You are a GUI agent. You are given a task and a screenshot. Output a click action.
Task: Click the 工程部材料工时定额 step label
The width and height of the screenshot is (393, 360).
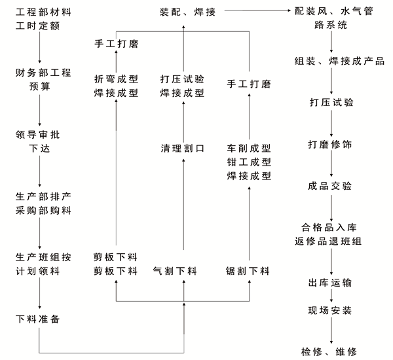pyautogui.click(x=43, y=19)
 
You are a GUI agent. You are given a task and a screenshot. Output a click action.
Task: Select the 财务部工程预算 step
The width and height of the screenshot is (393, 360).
pyautogui.click(x=43, y=80)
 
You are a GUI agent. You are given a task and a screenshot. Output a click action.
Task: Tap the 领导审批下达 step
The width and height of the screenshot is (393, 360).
pyautogui.click(x=37, y=141)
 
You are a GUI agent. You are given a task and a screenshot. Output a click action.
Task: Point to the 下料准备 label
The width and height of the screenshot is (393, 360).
pyautogui.click(x=37, y=319)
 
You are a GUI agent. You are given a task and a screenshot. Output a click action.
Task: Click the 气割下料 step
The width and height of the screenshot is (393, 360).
pyautogui.click(x=175, y=271)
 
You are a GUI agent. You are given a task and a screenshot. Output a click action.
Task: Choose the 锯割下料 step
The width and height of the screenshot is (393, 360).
pyautogui.click(x=248, y=271)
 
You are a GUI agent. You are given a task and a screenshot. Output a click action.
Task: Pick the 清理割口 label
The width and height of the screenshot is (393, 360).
pyautogui.click(x=183, y=149)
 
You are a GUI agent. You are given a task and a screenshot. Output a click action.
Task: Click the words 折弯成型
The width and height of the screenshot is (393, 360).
pyautogui.click(x=116, y=79)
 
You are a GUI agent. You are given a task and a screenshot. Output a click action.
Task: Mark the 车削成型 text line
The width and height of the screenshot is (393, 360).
pyautogui.click(x=249, y=149)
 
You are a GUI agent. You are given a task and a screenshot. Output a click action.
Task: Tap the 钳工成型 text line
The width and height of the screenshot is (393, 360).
pyautogui.click(x=249, y=162)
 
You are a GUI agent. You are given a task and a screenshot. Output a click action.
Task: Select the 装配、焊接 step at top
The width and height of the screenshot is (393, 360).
pyautogui.click(x=187, y=12)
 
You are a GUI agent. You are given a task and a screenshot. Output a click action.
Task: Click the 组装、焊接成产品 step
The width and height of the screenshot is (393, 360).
pyautogui.click(x=339, y=61)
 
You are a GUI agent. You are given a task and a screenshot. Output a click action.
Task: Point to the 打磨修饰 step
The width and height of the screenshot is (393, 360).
pyautogui.click(x=330, y=144)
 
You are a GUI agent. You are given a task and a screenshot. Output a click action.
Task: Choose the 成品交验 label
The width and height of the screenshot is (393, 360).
pyautogui.click(x=330, y=186)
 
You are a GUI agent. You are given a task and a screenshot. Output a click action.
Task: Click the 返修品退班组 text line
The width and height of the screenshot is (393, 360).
pyautogui.click(x=328, y=242)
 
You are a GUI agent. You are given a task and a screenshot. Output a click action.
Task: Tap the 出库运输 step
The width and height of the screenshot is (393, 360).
pyautogui.click(x=330, y=283)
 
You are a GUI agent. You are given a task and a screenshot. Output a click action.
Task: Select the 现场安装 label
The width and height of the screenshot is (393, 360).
pyautogui.click(x=330, y=310)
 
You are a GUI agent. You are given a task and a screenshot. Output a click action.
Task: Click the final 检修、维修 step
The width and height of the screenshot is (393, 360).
pyautogui.click(x=329, y=351)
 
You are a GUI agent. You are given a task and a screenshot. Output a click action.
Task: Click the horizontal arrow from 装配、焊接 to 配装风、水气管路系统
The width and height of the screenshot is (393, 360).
pyautogui.click(x=257, y=10)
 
